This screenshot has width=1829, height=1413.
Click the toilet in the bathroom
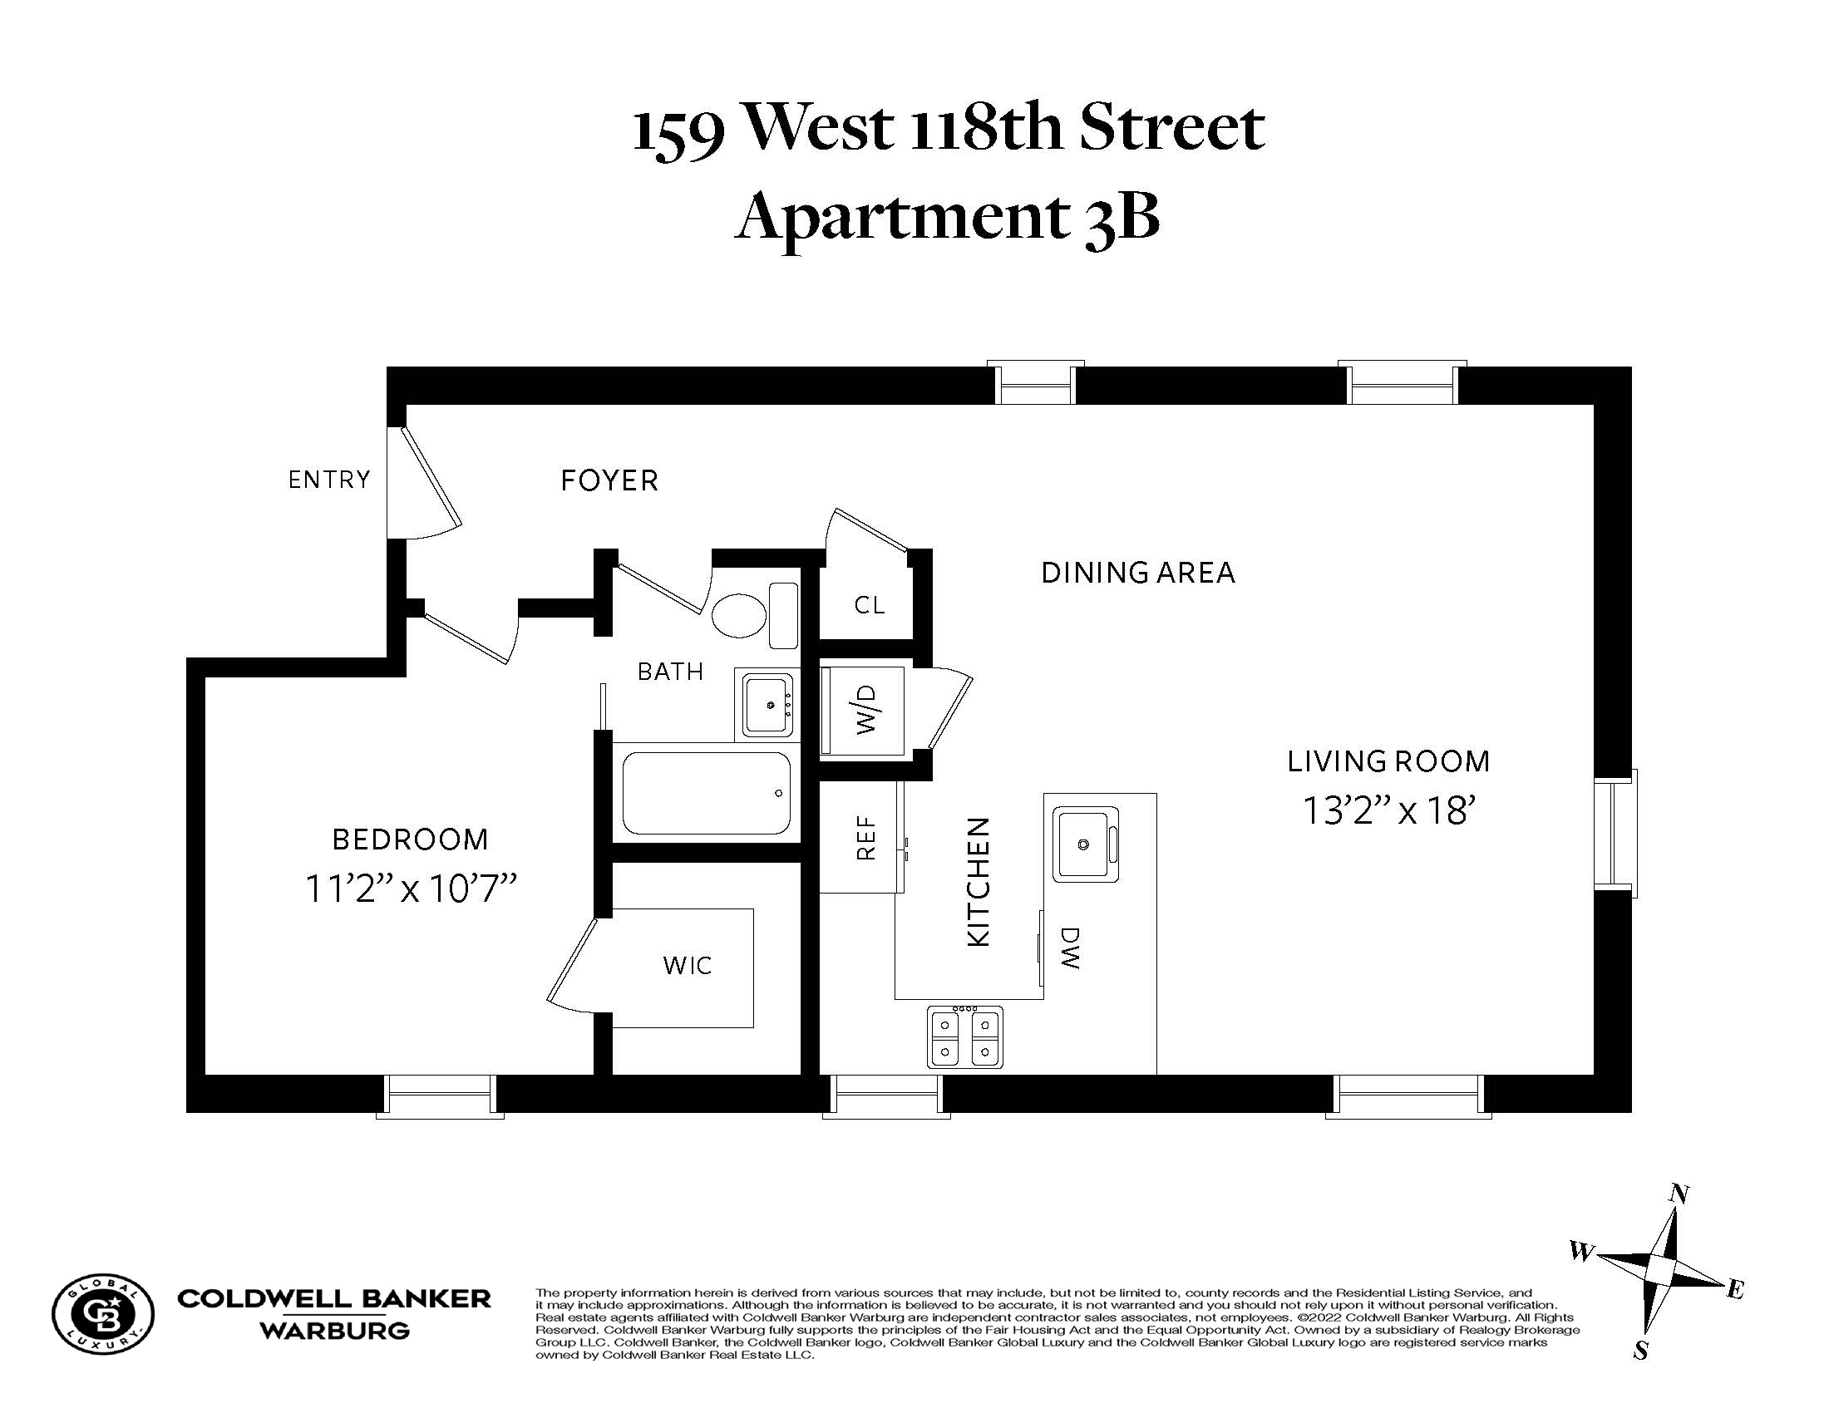[x=754, y=615]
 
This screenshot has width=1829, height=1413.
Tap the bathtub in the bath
[x=707, y=793]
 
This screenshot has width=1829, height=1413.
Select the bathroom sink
[x=764, y=704]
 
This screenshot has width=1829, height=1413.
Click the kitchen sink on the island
[x=1085, y=844]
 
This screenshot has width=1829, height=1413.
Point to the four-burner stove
[x=965, y=1037]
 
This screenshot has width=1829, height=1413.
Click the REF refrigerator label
[x=867, y=838]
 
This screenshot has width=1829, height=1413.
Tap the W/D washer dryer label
[x=868, y=710]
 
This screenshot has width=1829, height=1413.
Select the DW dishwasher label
[x=1070, y=948]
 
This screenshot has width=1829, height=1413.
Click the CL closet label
[x=870, y=605]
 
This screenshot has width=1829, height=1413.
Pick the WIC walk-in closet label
[x=688, y=966]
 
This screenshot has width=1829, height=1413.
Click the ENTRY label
[x=329, y=480]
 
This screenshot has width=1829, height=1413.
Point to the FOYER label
[x=609, y=480]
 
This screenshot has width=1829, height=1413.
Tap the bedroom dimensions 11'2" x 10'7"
[x=411, y=889]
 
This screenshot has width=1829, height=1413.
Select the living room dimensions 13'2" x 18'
[x=1388, y=810]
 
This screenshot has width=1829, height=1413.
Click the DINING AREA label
[x=1138, y=573]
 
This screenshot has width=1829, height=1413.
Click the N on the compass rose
[x=1679, y=1194]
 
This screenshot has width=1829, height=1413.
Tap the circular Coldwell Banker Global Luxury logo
[x=103, y=1313]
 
